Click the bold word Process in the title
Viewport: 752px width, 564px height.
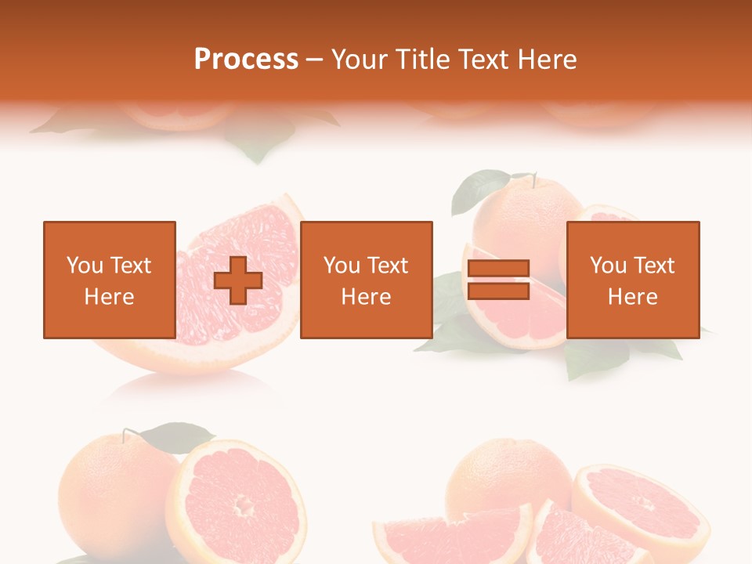click(246, 60)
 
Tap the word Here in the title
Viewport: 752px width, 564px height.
click(546, 60)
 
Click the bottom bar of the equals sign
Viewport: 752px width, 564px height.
click(498, 291)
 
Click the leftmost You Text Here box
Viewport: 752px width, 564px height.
click(109, 280)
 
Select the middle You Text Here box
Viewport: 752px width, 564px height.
click(366, 280)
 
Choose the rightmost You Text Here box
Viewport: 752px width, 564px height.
click(632, 280)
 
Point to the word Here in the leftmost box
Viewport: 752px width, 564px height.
click(109, 297)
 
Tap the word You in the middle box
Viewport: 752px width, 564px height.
click(342, 266)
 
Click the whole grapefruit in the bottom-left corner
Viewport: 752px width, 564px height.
click(110, 486)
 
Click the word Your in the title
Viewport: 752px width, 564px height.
click(360, 60)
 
